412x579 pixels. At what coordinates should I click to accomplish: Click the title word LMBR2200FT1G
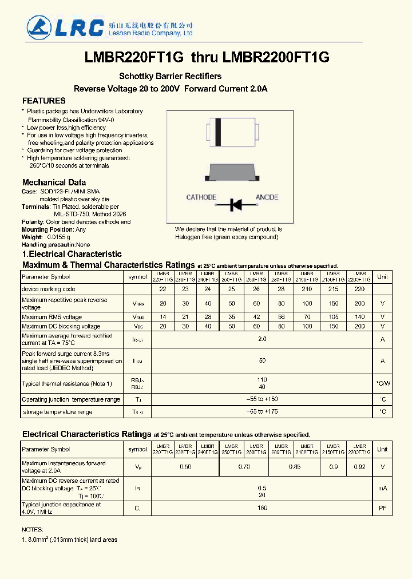point(275,57)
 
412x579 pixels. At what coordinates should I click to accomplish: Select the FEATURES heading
point(43,101)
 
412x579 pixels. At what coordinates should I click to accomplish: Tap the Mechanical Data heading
point(54,183)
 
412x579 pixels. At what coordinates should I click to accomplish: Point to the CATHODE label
point(201,197)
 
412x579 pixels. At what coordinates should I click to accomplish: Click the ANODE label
point(267,197)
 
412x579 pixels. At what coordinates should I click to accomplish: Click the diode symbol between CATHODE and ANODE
point(235,204)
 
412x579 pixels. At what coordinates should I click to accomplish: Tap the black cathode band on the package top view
point(218,132)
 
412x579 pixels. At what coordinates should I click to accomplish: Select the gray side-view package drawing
point(235,170)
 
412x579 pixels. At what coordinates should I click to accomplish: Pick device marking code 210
point(307,289)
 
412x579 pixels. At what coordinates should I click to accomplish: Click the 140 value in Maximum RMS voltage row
point(359,316)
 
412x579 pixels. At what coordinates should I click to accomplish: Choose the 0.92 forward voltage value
point(359,467)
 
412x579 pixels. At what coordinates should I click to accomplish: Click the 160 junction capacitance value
point(262,507)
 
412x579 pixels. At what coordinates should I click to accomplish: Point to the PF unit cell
point(382,507)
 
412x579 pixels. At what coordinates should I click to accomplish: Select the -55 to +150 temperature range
point(262,399)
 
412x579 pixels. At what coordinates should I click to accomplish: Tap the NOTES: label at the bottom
point(32,530)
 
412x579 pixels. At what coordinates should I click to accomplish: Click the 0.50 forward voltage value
point(186,467)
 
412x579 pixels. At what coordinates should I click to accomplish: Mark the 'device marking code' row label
point(49,289)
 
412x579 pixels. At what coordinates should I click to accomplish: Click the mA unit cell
point(382,488)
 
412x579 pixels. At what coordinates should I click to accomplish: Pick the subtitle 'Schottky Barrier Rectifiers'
point(170,76)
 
